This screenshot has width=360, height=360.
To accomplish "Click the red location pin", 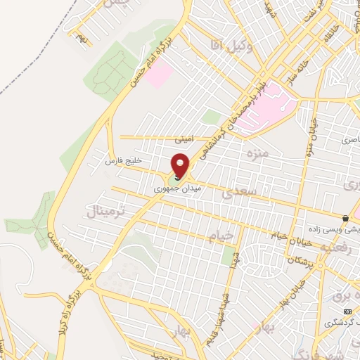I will pyautogui.click(x=181, y=165).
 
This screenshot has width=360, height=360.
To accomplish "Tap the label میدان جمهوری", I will pyautogui.click(x=174, y=189).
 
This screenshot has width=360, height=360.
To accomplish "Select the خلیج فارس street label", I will pyautogui.click(x=124, y=161).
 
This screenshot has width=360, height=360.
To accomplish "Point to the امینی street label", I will pyautogui.click(x=182, y=139).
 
